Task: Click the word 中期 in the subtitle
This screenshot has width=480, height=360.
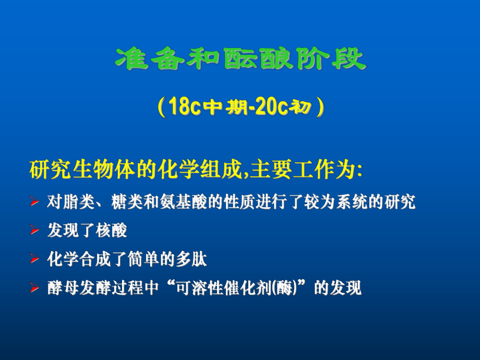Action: pyautogui.click(x=217, y=108)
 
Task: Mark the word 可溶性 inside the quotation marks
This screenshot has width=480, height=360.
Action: pyautogui.click(x=197, y=288)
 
